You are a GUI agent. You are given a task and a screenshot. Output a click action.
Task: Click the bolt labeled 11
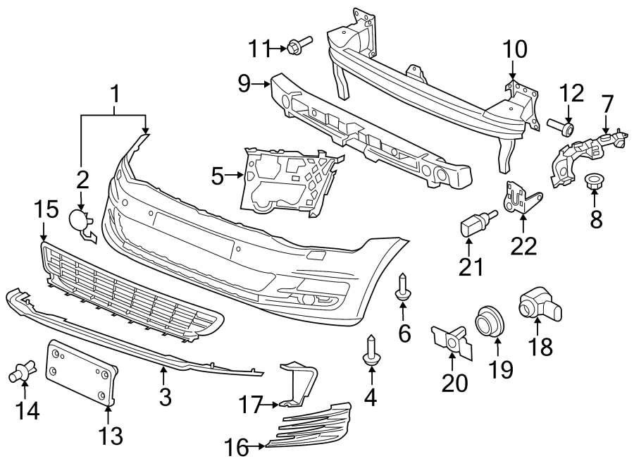296,48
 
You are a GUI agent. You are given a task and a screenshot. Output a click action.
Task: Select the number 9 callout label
244,85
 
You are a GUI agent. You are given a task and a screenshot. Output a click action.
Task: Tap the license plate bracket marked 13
80,372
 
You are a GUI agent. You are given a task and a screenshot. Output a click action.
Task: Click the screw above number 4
370,350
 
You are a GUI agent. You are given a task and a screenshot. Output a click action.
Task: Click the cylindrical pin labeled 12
562,127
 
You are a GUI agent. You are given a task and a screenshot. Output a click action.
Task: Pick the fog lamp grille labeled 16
310,427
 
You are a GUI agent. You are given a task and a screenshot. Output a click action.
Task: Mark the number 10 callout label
514,50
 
